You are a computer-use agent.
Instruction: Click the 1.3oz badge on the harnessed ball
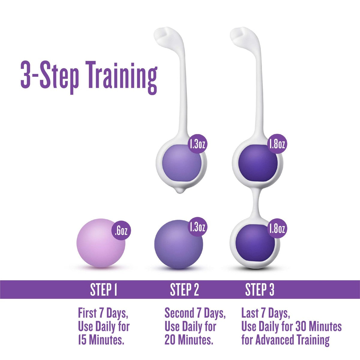(x=197, y=145)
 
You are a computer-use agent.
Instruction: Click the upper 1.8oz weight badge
(x=277, y=144)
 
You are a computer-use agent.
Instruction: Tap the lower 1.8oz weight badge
(x=277, y=229)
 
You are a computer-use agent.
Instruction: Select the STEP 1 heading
(x=103, y=290)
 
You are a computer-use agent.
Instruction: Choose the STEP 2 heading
(x=184, y=290)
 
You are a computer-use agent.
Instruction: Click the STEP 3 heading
(x=259, y=290)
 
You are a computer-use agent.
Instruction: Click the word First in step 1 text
(x=87, y=313)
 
